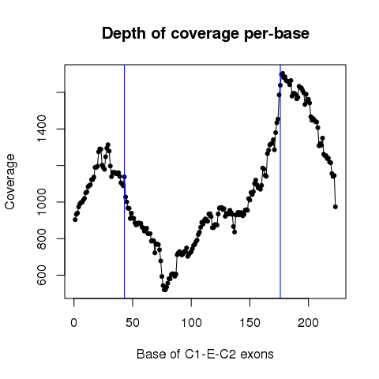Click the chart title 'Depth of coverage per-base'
pos(205,34)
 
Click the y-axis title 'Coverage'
pos(9,182)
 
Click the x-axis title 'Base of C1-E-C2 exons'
pos(205,354)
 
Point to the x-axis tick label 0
pos(74,323)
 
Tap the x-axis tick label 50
pos(133,323)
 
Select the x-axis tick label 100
pos(191,323)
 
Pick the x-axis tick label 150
pos(250,323)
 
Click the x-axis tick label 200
pos(308,323)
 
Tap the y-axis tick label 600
pos(42,275)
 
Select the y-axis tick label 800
pos(42,238)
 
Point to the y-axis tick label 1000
pos(42,202)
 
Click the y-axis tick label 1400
pos(42,129)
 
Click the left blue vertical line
pos(124,182)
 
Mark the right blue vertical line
pos(280,182)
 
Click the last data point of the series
pos(336,207)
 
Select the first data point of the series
pos(75,220)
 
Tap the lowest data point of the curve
pos(164,290)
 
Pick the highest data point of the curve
pos(283,73)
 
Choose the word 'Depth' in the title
pos(124,34)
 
